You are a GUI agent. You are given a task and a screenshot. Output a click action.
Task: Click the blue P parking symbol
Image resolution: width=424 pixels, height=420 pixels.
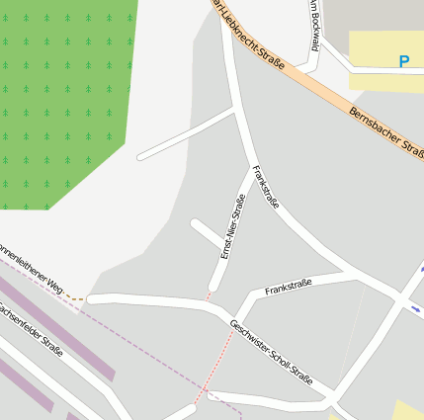click(403, 61)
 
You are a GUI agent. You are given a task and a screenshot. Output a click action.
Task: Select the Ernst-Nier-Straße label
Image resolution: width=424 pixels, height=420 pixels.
click(232, 227)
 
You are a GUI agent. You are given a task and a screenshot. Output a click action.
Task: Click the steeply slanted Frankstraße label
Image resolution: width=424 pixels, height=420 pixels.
click(266, 187)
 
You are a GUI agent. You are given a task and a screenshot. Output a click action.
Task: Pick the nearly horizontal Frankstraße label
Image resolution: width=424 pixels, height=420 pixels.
click(289, 287)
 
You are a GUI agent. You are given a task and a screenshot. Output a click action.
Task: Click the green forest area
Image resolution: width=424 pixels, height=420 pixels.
click(59, 99)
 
